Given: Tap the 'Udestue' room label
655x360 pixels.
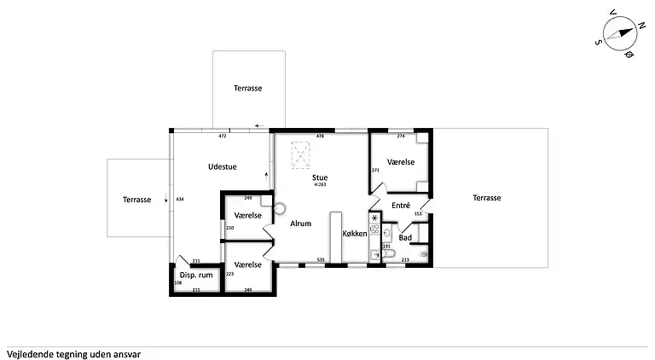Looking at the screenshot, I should tap(222, 167).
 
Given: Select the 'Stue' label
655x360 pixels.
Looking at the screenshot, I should tap(320, 177).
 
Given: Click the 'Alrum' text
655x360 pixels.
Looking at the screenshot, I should tap(299, 224).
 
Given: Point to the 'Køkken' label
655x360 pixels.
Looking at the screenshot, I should tap(355, 233).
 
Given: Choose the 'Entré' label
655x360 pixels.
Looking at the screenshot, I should tap(401, 206).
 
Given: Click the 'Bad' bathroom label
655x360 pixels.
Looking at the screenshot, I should tap(406, 237).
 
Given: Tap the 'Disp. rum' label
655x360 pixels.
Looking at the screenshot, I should tap(195, 275).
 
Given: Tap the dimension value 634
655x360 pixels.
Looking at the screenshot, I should tap(180, 199).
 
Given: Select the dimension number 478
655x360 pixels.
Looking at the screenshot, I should tap(321, 136).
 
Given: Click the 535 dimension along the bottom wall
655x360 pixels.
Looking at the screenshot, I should tap(321, 259).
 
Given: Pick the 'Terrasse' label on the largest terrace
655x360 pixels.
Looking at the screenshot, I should tap(487, 198).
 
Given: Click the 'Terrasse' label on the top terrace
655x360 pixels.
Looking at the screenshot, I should tap(248, 88).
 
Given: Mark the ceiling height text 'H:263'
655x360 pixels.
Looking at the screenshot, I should tap(320, 184).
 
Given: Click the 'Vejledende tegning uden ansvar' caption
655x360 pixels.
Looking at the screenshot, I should tap(73, 351).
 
